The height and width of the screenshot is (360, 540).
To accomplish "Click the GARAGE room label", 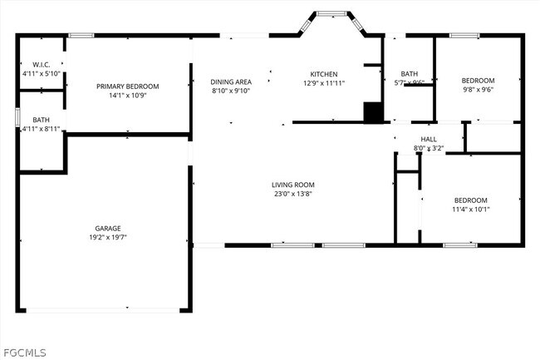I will click(108, 228).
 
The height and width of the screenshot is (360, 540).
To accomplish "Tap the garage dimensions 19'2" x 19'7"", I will click(108, 237).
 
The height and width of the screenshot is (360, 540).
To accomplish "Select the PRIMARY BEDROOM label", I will click(127, 86).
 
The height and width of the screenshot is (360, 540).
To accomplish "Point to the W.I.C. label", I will click(42, 64).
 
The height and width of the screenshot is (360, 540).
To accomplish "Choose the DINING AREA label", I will click(231, 81).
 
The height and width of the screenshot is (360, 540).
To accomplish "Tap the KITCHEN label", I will click(324, 74).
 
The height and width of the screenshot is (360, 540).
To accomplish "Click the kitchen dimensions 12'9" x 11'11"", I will click(324, 83).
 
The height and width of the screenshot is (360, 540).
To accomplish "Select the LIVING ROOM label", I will click(293, 185).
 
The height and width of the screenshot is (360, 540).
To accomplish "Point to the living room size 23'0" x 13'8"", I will click(293, 194).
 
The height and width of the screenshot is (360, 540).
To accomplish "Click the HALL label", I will click(429, 139).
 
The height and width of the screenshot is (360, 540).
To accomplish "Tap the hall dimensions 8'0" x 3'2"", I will click(429, 148).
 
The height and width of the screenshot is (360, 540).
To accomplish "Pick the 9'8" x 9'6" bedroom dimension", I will click(478, 90).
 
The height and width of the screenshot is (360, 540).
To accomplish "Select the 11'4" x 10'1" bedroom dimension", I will click(470, 210).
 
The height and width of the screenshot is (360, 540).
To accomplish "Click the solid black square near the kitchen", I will click(374, 112).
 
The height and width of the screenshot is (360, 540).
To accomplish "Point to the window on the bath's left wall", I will click(17, 116).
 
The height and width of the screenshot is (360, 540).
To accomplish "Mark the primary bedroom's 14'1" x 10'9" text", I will click(127, 96).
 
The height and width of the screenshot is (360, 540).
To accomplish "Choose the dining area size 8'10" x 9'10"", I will click(231, 91).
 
